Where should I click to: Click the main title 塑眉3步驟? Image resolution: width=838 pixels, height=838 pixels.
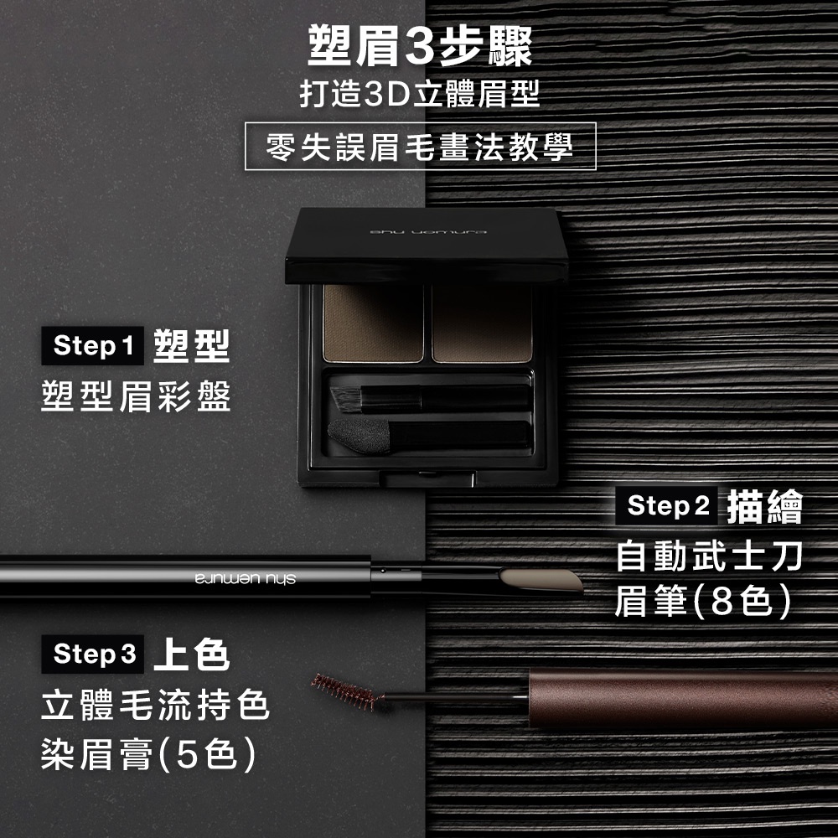click(x=420, y=47)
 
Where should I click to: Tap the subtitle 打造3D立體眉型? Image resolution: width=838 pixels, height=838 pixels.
click(x=420, y=94)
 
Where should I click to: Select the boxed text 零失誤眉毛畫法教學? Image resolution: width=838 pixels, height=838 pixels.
click(x=420, y=147)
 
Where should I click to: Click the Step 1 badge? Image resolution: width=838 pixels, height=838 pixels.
click(x=93, y=346)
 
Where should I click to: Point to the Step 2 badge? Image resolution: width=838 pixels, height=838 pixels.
click(x=666, y=505)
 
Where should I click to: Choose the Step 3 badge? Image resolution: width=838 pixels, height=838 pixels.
click(x=93, y=654)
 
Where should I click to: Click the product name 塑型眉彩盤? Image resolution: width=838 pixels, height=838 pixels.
click(x=136, y=396)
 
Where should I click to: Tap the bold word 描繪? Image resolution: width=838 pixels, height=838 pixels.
click(x=765, y=506)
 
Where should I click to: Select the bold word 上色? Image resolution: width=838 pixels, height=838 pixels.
click(x=191, y=654)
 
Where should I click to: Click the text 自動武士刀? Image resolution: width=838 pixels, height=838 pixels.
click(x=709, y=556)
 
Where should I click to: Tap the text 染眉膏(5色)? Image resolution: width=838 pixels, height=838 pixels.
click(x=148, y=754)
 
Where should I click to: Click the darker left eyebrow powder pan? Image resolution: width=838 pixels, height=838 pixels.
click(x=373, y=323)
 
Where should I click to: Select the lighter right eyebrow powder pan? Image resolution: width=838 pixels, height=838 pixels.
click(x=482, y=323)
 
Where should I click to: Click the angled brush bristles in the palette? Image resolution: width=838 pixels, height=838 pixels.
click(x=346, y=400)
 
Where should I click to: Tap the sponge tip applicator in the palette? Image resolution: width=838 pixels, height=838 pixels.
click(x=359, y=435)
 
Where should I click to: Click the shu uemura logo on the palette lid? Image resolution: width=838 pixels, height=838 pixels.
click(x=428, y=232)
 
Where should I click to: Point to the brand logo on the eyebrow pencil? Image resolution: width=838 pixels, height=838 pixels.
click(x=246, y=579)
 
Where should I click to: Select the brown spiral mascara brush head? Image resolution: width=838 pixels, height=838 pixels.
click(x=348, y=691)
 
